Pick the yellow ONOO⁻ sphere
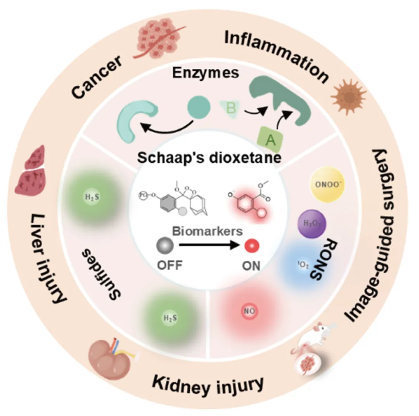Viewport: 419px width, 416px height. pos(323,186)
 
